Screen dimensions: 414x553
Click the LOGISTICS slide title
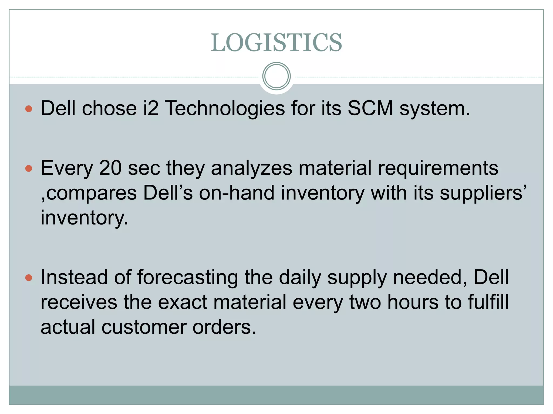[x=276, y=43]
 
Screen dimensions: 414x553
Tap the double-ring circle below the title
[x=276, y=76]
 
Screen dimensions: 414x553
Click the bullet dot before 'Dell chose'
[x=29, y=109]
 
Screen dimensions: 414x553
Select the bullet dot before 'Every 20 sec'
[x=29, y=169]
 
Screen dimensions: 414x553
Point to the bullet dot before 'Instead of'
[x=29, y=278]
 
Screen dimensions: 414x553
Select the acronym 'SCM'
[x=370, y=108]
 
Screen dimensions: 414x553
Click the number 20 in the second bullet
[x=110, y=168]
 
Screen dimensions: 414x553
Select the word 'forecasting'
[x=187, y=278]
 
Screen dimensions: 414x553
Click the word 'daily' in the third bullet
[x=300, y=278]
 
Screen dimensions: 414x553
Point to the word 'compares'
[x=92, y=194]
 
